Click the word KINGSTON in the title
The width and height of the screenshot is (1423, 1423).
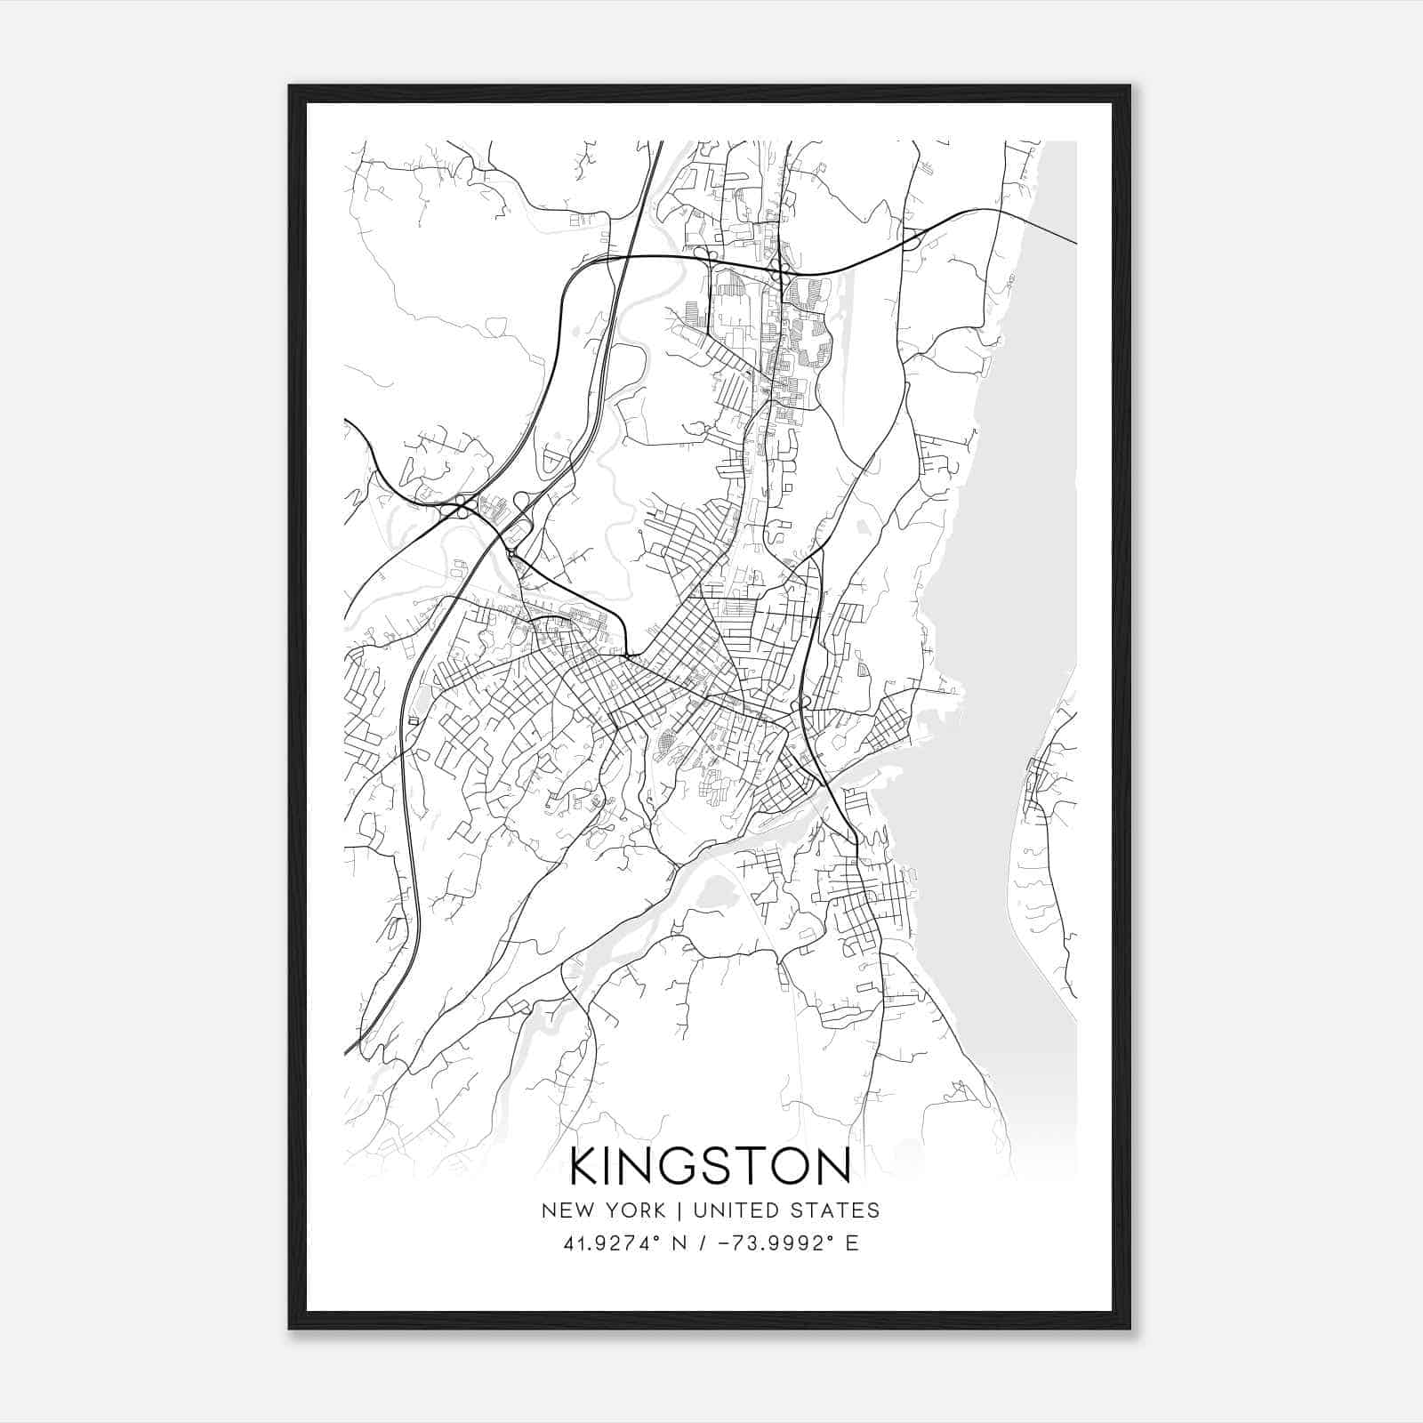(711, 1167)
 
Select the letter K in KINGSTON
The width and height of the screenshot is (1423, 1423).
(586, 1167)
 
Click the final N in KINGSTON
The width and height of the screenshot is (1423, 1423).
(832, 1167)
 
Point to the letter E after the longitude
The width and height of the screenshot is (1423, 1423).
(852, 1243)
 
